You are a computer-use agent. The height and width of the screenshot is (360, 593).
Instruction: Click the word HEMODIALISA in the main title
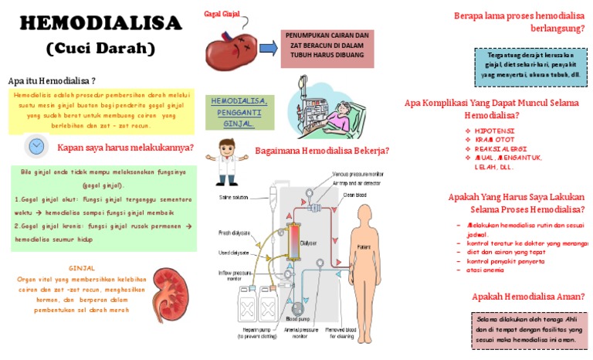point(101,22)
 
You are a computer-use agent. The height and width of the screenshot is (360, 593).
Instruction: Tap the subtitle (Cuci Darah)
point(101,49)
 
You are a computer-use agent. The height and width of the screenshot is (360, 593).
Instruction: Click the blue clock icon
point(36,146)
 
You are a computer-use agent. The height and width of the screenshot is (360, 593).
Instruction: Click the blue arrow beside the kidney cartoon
point(268,48)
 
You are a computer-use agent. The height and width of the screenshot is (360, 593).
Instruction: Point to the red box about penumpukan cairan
point(327,47)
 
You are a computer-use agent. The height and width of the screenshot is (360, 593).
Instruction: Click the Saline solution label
point(234,197)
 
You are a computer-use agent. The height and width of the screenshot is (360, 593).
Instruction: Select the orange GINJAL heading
point(81,269)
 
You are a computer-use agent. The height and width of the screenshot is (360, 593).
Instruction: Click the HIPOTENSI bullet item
point(493,131)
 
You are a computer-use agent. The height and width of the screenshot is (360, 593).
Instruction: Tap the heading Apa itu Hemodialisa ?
point(52,80)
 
